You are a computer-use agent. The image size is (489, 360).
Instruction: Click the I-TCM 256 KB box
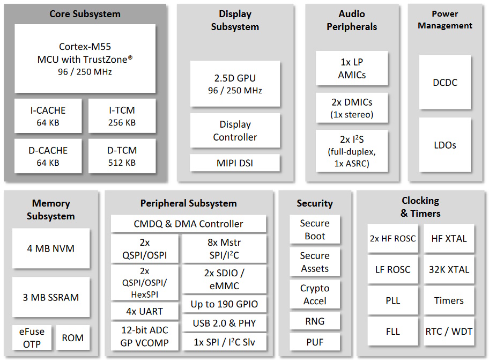click(122, 116)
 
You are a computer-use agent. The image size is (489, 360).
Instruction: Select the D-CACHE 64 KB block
click(48, 156)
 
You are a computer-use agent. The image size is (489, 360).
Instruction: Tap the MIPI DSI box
click(235, 163)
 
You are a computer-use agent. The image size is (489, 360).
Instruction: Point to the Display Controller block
click(235, 130)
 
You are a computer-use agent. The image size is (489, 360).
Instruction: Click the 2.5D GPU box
click(235, 84)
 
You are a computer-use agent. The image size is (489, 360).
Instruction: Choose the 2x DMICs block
click(352, 108)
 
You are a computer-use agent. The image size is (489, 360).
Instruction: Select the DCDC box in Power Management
click(444, 83)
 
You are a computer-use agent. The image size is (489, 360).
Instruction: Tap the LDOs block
click(444, 145)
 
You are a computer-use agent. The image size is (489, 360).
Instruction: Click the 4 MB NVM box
click(51, 248)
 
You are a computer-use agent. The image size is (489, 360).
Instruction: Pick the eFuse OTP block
click(32, 337)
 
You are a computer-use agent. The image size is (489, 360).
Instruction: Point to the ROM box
click(73, 337)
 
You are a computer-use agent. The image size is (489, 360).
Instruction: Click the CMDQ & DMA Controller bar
click(188, 224)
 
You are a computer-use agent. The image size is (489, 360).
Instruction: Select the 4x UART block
click(145, 311)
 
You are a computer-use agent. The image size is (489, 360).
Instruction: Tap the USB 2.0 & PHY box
click(224, 323)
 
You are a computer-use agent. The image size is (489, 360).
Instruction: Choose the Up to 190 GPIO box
click(224, 304)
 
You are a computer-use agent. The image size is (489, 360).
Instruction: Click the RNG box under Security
click(315, 321)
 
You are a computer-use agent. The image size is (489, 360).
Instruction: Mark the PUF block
click(315, 342)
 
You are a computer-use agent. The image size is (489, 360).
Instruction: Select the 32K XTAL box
click(449, 269)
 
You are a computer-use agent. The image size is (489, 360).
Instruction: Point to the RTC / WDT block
click(449, 332)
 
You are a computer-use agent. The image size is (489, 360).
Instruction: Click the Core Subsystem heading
click(85, 14)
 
